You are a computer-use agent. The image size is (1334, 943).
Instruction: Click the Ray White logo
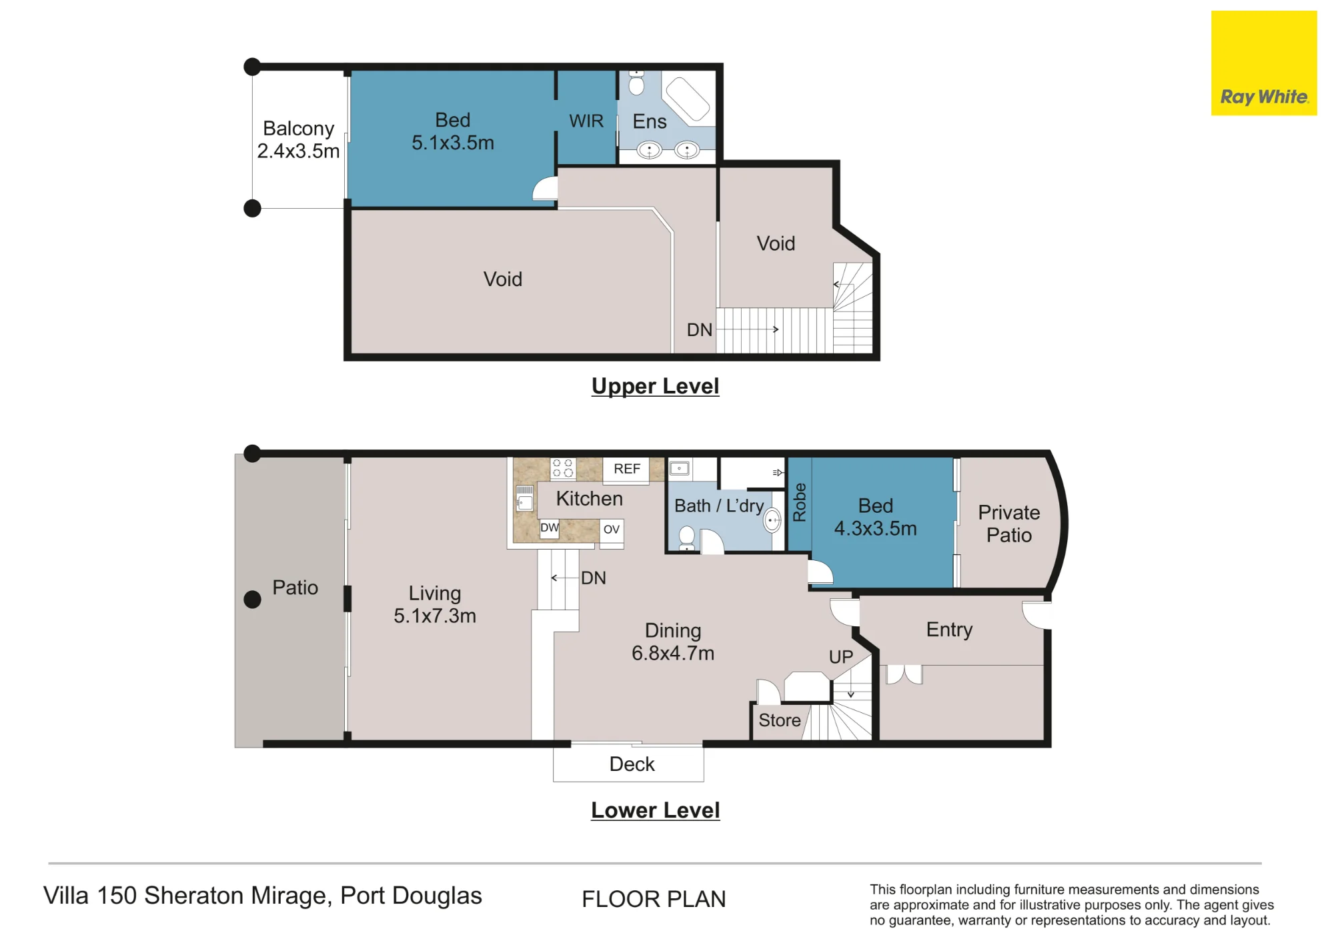(x=1264, y=63)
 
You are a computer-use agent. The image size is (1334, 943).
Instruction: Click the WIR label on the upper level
(x=586, y=121)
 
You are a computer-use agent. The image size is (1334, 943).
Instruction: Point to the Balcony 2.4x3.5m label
(x=298, y=139)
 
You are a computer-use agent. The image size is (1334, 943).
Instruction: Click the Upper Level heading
(x=655, y=386)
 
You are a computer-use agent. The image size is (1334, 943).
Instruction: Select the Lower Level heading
(x=655, y=810)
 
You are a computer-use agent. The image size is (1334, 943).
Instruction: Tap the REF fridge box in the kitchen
(x=627, y=469)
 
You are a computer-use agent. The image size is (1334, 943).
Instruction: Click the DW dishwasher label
(x=550, y=528)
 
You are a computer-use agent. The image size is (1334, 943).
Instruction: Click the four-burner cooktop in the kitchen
(x=563, y=468)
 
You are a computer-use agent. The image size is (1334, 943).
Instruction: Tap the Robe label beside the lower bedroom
(x=799, y=502)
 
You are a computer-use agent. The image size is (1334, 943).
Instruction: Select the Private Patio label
(x=1009, y=524)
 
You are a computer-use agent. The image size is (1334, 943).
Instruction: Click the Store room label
(x=780, y=720)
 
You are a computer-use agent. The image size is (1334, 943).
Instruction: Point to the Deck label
(x=632, y=764)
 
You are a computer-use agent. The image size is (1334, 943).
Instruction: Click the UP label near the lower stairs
(x=840, y=657)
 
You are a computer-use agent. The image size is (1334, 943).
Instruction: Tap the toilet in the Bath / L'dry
(x=686, y=538)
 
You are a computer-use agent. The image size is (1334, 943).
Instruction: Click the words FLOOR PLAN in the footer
(x=654, y=899)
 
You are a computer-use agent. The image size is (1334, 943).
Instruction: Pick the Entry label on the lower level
(x=949, y=630)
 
